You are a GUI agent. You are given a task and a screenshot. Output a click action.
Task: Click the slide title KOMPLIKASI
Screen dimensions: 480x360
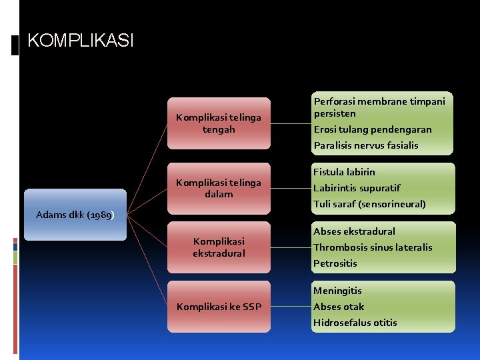pos(80,41)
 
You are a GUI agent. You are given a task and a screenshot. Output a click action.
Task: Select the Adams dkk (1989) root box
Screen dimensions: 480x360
pos(75,215)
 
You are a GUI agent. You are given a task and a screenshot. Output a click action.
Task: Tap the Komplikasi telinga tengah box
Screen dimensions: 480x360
pos(219,123)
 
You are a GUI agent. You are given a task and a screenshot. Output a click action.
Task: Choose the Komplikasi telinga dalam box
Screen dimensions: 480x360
pos(219,189)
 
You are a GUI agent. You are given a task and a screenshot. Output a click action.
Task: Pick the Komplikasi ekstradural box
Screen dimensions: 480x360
pos(219,247)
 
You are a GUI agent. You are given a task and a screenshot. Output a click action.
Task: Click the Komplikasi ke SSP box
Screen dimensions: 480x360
pos(219,307)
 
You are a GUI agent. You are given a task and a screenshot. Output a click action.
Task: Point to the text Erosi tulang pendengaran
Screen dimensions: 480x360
pos(373,129)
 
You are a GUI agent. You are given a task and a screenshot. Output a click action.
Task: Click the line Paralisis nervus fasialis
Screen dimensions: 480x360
pos(366,145)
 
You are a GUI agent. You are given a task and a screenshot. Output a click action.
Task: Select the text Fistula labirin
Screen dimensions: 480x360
pos(344,172)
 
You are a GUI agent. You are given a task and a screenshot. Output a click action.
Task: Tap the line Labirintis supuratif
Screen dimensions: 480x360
pos(357,188)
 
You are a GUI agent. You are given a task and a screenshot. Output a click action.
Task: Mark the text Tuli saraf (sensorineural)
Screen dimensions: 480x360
pos(369,204)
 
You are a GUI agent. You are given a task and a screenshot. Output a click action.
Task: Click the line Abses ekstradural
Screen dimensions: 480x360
pos(354,231)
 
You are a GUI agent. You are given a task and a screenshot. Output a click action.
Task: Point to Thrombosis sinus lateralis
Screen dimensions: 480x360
pos(373,247)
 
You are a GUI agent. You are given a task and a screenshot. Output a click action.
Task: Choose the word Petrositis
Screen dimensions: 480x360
pos(335,263)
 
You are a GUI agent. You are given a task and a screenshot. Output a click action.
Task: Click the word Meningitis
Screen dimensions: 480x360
pos(337,291)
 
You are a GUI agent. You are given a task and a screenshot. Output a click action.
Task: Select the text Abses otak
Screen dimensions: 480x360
pos(339,307)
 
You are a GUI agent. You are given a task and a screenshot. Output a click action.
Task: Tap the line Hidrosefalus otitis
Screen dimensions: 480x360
pos(355,323)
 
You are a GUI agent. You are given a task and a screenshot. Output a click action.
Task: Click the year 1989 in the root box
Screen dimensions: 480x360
pos(100,215)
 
